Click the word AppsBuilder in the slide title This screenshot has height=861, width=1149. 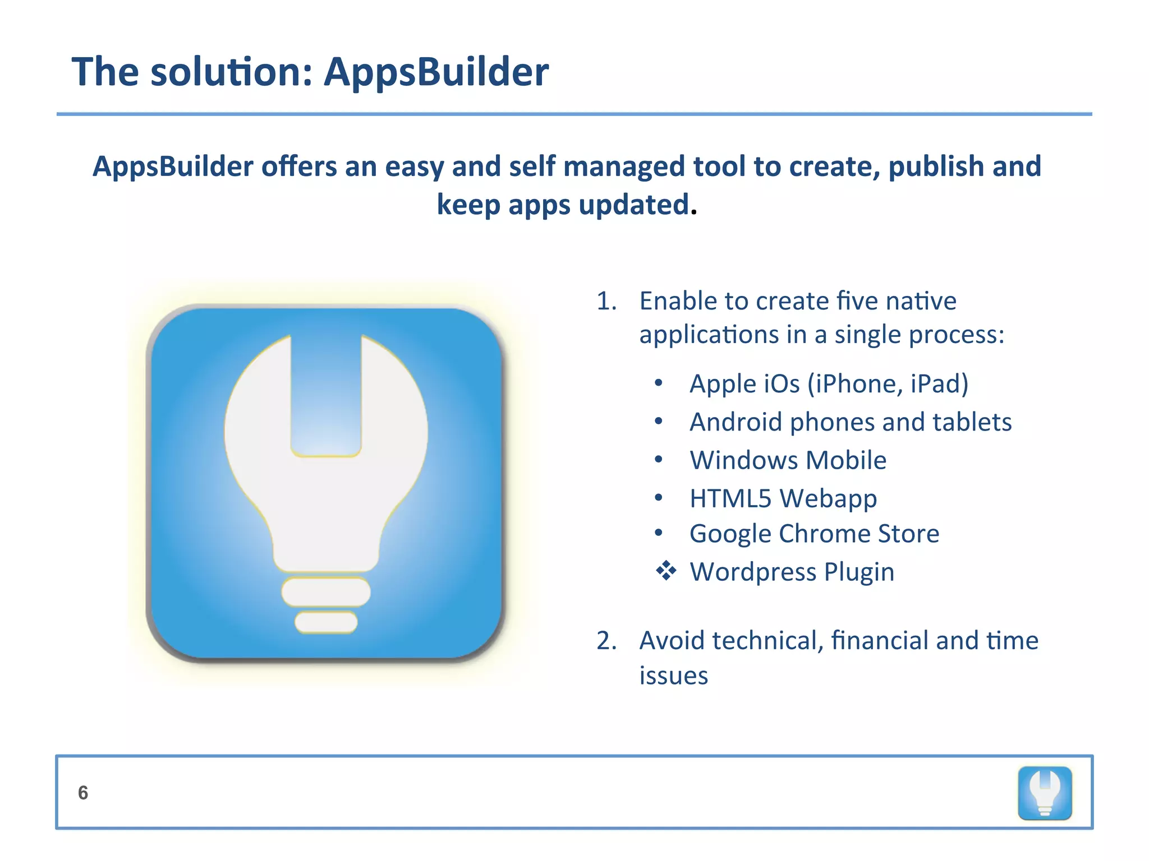point(436,72)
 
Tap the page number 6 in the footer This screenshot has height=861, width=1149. point(83,793)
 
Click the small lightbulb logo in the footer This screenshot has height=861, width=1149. point(1045,793)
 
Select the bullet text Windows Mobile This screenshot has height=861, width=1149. point(788,460)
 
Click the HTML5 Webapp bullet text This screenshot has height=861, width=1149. point(783,498)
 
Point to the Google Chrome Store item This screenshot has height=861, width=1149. point(814,534)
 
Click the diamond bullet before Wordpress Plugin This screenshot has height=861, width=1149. point(666,571)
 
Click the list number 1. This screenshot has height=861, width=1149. point(606,302)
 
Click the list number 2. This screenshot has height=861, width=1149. point(606,641)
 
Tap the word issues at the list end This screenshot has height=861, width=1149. point(673,676)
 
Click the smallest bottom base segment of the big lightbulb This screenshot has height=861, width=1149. point(326,622)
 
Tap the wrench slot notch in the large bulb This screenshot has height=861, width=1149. point(326,392)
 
